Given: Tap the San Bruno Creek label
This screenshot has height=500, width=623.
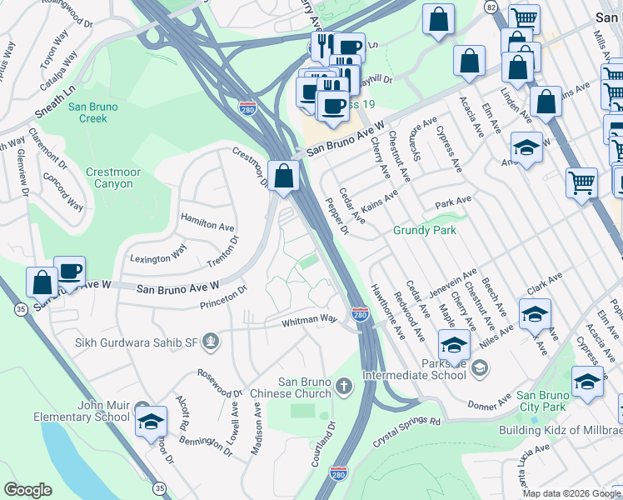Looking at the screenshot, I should click(92, 112).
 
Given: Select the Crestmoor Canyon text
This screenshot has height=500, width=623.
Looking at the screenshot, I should click(109, 177).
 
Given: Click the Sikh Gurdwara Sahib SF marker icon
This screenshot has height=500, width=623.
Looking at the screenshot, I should click(213, 339).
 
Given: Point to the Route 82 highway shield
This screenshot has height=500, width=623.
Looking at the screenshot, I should click(492, 7).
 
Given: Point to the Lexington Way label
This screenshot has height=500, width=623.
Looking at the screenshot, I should click(159, 253).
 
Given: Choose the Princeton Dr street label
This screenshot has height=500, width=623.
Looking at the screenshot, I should click(223, 298).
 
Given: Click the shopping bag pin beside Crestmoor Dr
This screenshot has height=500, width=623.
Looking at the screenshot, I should click(284, 176).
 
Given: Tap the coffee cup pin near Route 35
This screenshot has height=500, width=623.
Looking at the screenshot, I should click(70, 272).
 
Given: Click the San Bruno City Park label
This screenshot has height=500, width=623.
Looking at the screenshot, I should click(541, 401).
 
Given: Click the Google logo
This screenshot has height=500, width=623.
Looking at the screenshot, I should click(27, 490).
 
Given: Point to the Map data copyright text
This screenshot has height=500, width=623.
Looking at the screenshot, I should click(571, 493).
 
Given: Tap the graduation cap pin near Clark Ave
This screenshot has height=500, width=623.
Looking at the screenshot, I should click(534, 314).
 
